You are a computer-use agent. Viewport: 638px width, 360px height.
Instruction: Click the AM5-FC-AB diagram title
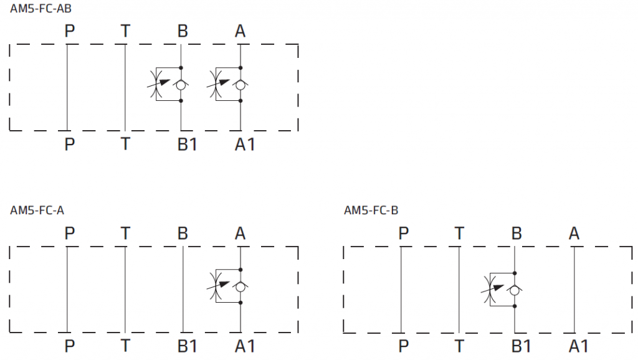coord(40,8)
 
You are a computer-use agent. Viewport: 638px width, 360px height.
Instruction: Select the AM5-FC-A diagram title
coord(37,211)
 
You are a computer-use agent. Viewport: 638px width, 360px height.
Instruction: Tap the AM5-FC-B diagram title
coord(371,211)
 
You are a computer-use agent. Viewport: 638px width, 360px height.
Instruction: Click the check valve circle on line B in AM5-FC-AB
coord(181,85)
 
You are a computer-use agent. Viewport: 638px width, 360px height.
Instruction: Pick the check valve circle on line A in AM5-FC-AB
coord(240,85)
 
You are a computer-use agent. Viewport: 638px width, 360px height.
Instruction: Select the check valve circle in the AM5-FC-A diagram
coord(240,287)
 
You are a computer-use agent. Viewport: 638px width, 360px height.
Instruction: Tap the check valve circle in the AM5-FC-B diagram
coord(515,290)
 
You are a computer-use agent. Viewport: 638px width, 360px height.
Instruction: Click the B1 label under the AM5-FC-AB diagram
coord(187,144)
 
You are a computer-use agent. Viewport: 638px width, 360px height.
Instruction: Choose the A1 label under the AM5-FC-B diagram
coord(579,346)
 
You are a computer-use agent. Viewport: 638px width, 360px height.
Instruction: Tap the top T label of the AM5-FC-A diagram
coord(125,234)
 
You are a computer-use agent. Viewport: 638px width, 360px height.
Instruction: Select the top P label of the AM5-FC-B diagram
coord(404,234)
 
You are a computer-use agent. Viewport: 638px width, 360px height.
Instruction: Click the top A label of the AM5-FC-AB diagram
coord(240,31)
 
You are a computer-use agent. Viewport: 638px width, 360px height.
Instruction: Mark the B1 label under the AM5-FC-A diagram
coord(187,346)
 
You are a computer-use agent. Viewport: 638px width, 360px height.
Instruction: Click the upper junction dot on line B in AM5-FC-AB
coord(181,67)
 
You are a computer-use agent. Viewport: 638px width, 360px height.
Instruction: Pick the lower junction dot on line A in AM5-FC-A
coord(240,303)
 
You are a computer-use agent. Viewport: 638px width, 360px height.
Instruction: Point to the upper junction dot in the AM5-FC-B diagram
coord(515,273)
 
